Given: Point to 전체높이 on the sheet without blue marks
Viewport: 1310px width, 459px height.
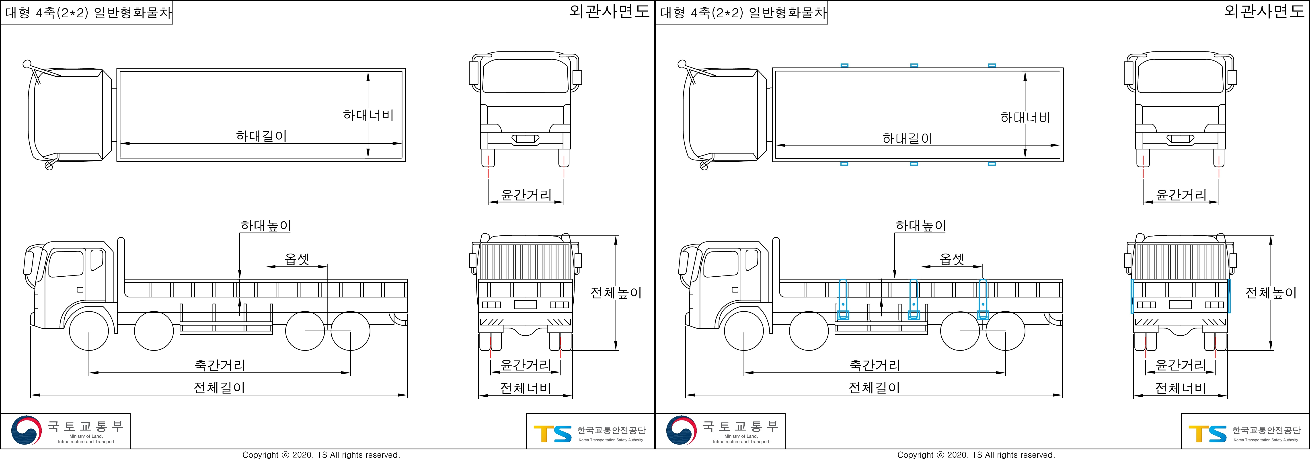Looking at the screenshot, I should tap(616, 293).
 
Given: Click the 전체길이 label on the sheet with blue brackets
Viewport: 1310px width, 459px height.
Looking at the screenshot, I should tap(874, 388).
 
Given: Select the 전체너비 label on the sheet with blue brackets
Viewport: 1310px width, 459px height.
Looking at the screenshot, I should tap(1180, 388).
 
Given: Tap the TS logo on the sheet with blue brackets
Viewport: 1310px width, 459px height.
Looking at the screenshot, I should tap(1207, 434).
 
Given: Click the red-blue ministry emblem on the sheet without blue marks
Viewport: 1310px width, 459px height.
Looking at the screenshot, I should tap(26, 430).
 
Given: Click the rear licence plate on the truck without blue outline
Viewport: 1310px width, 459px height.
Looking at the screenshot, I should tap(525, 304).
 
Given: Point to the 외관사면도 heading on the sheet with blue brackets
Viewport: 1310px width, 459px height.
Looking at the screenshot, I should tap(1264, 11).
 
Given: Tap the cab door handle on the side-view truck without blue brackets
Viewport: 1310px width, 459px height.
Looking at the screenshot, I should tap(80, 290).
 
